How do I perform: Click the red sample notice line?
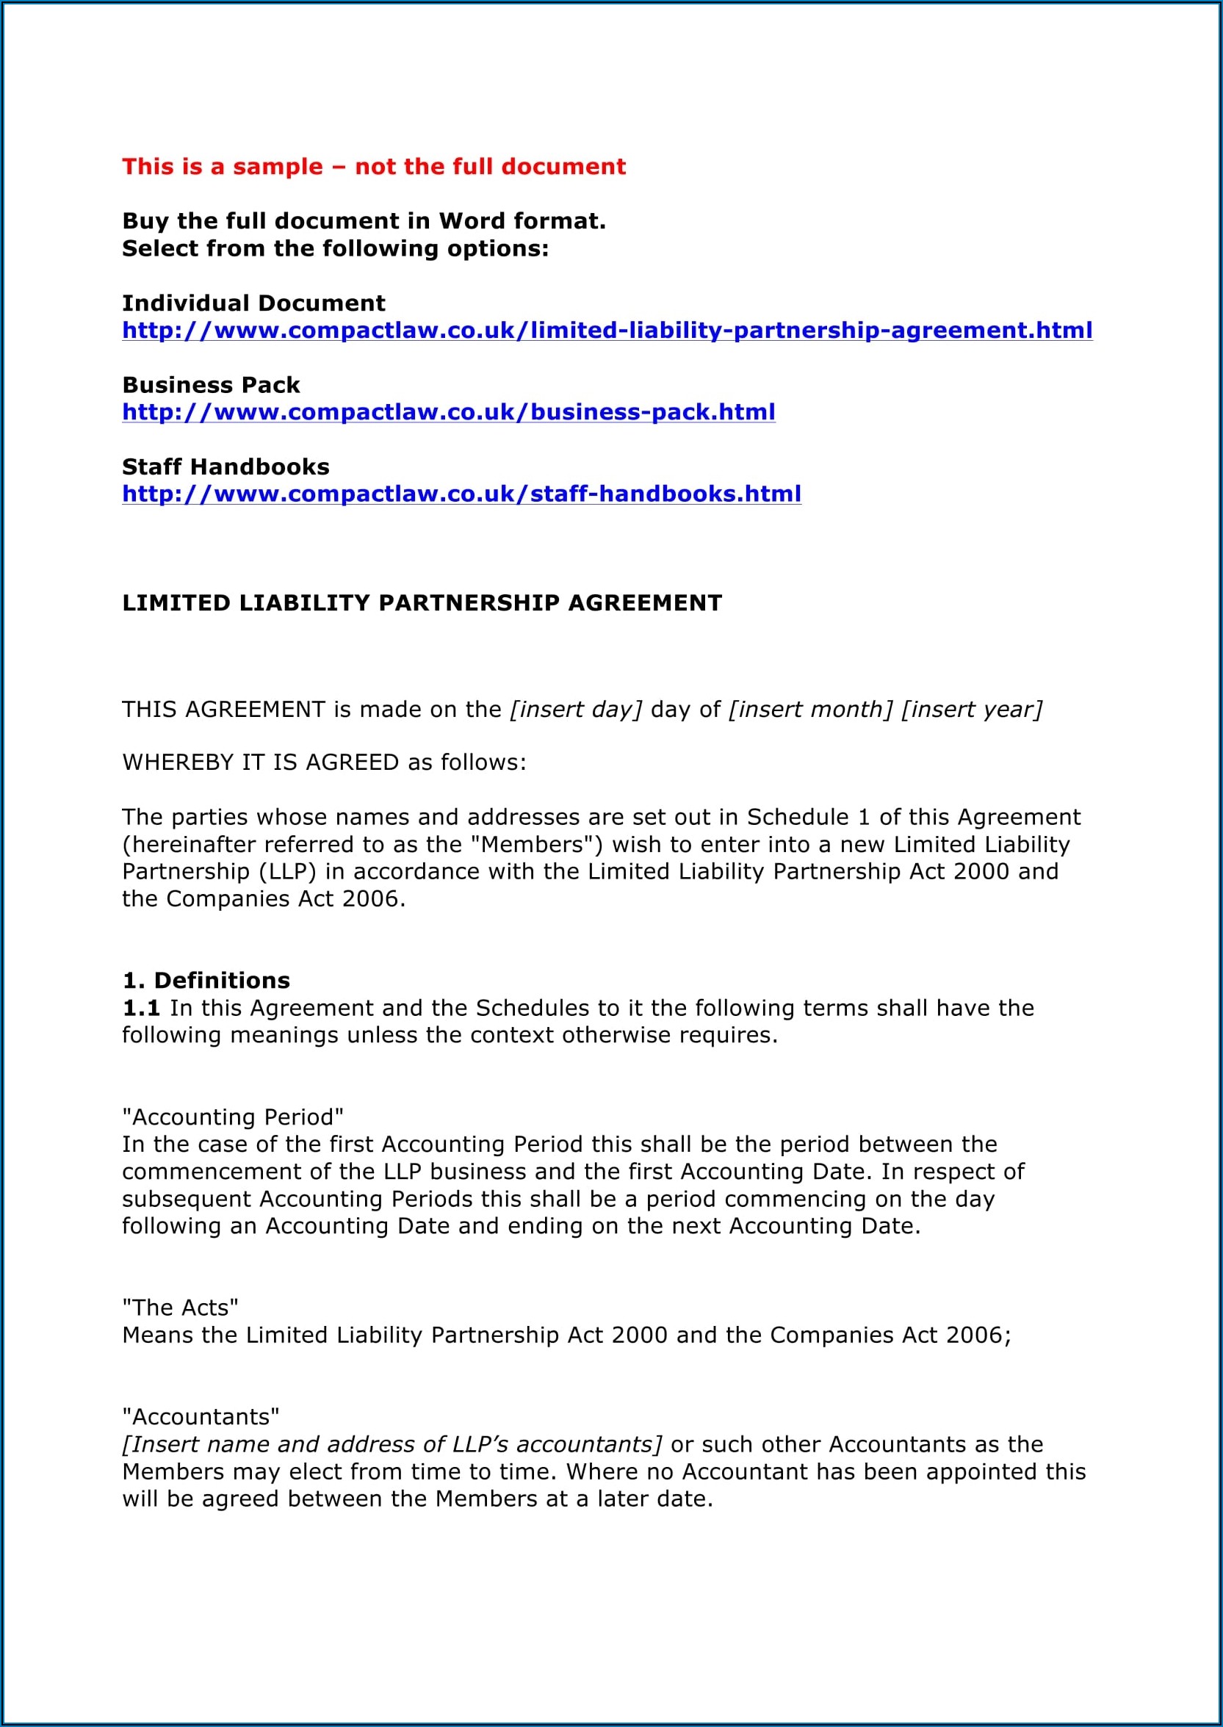pyautogui.click(x=374, y=167)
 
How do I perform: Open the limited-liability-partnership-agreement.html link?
pyautogui.click(x=607, y=331)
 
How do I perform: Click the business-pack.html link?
pyautogui.click(x=448, y=413)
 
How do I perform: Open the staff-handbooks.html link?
pyautogui.click(x=461, y=494)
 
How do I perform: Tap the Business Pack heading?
pyautogui.click(x=211, y=386)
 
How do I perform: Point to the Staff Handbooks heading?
pyautogui.click(x=226, y=467)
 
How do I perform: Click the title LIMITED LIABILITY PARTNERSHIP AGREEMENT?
pyautogui.click(x=422, y=603)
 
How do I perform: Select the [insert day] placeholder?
pyautogui.click(x=576, y=710)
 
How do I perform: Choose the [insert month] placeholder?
pyautogui.click(x=810, y=710)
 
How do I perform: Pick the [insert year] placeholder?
pyautogui.click(x=972, y=710)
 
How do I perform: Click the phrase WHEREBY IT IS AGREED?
pyautogui.click(x=261, y=763)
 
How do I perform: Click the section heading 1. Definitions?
pyautogui.click(x=206, y=981)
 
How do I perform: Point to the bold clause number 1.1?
pyautogui.click(x=141, y=1008)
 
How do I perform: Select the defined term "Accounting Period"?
pyautogui.click(x=233, y=1117)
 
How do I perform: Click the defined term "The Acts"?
pyautogui.click(x=180, y=1308)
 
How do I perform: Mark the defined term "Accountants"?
pyautogui.click(x=201, y=1417)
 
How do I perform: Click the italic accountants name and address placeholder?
pyautogui.click(x=392, y=1445)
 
